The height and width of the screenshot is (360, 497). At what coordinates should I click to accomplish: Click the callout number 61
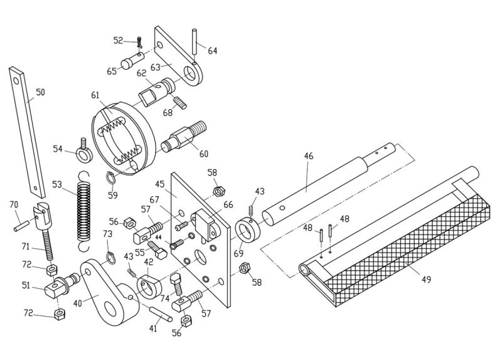click(95, 95)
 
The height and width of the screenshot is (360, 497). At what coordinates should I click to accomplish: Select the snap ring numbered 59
click(110, 180)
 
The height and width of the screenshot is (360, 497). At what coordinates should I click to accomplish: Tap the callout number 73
click(107, 233)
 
